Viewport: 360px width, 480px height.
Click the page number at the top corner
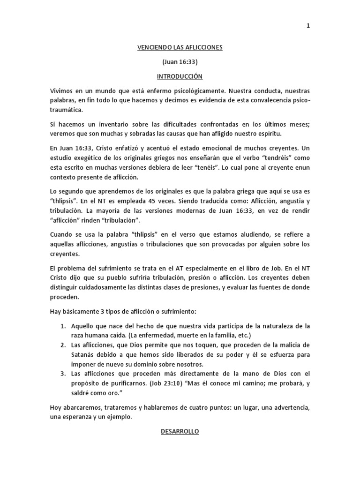[308, 26]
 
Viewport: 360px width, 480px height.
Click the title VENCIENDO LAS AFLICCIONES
[180, 47]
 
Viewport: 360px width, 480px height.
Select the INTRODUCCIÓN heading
[180, 76]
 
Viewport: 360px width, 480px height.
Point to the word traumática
[69, 110]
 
